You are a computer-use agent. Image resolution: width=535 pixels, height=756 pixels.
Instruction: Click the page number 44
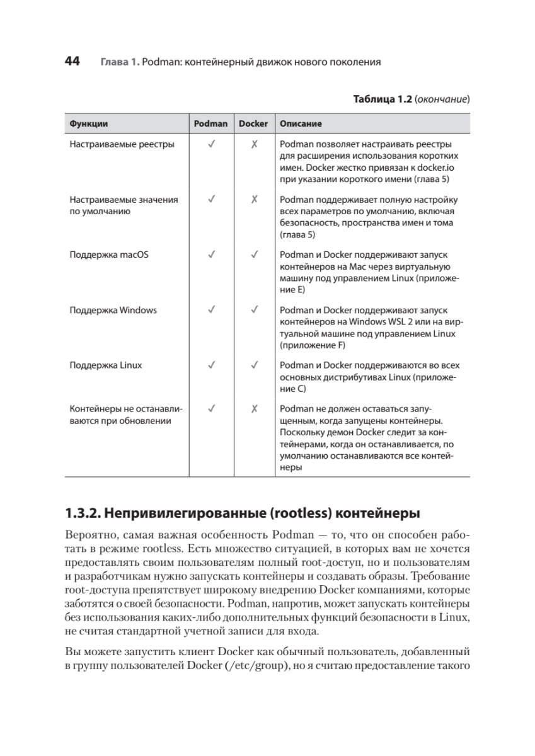(x=72, y=62)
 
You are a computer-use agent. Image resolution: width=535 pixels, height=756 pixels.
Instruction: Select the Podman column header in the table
(x=210, y=123)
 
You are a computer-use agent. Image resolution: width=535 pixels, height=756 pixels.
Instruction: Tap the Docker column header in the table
(x=253, y=123)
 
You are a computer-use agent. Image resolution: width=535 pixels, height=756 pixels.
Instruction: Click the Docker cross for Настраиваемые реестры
(x=253, y=144)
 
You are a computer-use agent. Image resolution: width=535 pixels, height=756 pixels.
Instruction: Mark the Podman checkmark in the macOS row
(x=210, y=255)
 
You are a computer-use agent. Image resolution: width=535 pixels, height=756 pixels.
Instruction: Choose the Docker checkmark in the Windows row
(x=253, y=310)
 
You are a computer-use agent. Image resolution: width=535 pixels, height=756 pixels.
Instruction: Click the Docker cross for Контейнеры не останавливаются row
(x=253, y=408)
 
